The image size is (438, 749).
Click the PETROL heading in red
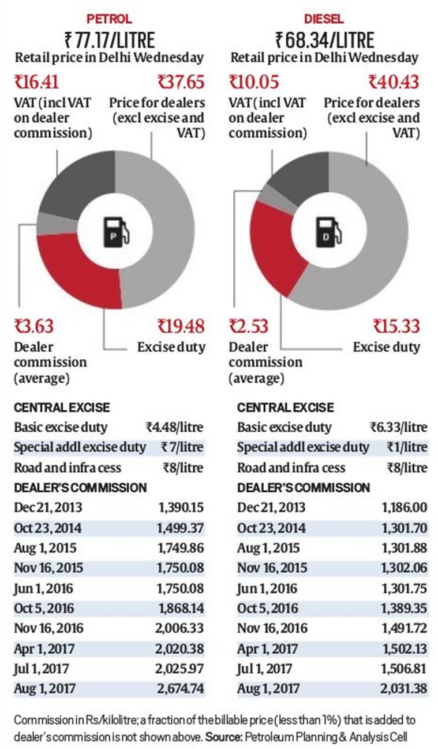108,18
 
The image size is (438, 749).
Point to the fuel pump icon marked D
326,231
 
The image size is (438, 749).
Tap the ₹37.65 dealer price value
181,82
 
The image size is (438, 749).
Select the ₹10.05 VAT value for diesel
254,82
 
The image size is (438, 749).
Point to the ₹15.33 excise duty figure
396,327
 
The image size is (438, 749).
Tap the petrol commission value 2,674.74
181,688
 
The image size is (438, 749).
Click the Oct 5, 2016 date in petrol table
44,608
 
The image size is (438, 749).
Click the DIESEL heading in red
325,18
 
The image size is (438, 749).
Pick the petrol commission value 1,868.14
181,608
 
